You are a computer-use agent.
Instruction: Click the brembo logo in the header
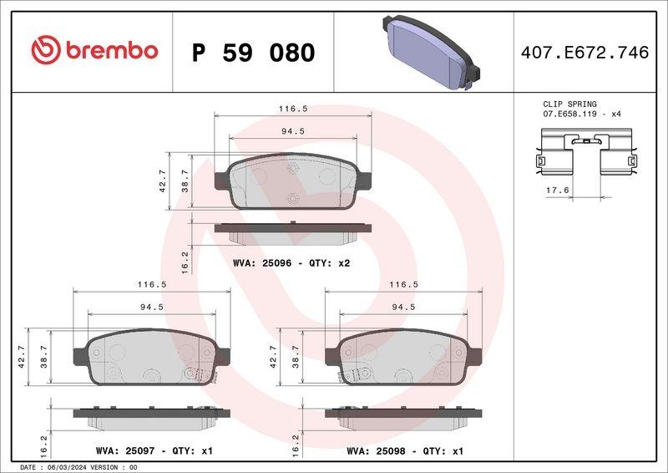94,51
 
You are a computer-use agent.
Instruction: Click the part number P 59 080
253,53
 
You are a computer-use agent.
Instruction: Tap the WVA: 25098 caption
404,450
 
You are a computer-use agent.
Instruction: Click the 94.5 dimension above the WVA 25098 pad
403,307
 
